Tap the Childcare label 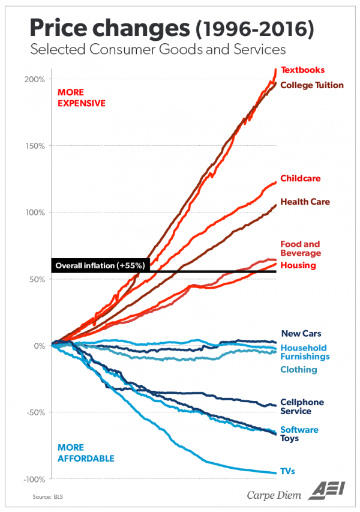tap(300, 178)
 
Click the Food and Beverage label tap(300, 248)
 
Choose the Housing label tap(298, 265)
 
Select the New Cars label tap(301, 334)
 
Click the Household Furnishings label tap(305, 352)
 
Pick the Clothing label tap(299, 370)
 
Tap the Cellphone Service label tap(302, 406)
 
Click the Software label tap(299, 430)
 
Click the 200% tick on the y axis tap(35, 79)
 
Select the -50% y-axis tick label tap(35, 412)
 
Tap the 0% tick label tap(39, 346)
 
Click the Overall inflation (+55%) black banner tap(98, 265)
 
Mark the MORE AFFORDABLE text tap(85, 453)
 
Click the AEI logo tap(328, 491)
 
